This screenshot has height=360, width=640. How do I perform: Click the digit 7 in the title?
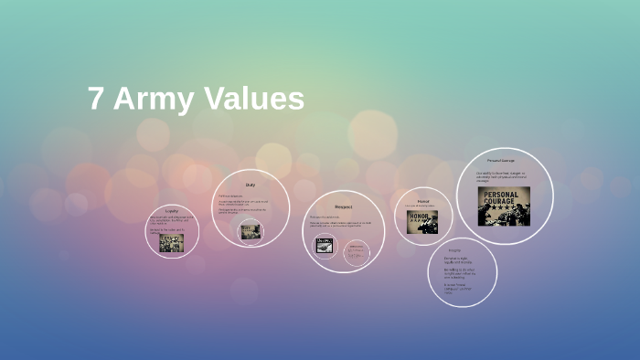(95, 100)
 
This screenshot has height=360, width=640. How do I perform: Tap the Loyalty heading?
(172, 210)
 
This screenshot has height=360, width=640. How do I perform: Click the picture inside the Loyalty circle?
(172, 242)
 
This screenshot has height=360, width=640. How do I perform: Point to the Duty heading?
(250, 185)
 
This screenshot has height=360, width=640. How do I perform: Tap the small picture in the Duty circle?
(250, 231)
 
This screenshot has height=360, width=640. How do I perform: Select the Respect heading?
(344, 207)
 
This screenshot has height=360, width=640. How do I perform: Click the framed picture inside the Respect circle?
(325, 245)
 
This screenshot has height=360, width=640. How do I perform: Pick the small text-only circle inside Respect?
(357, 252)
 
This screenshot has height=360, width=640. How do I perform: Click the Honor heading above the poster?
(423, 200)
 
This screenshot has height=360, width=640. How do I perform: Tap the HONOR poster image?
(422, 222)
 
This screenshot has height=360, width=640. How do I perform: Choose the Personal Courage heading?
(501, 161)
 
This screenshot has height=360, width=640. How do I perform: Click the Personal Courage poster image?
(503, 206)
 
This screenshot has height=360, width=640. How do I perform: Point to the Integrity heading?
(454, 250)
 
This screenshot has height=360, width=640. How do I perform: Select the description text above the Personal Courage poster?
(502, 176)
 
